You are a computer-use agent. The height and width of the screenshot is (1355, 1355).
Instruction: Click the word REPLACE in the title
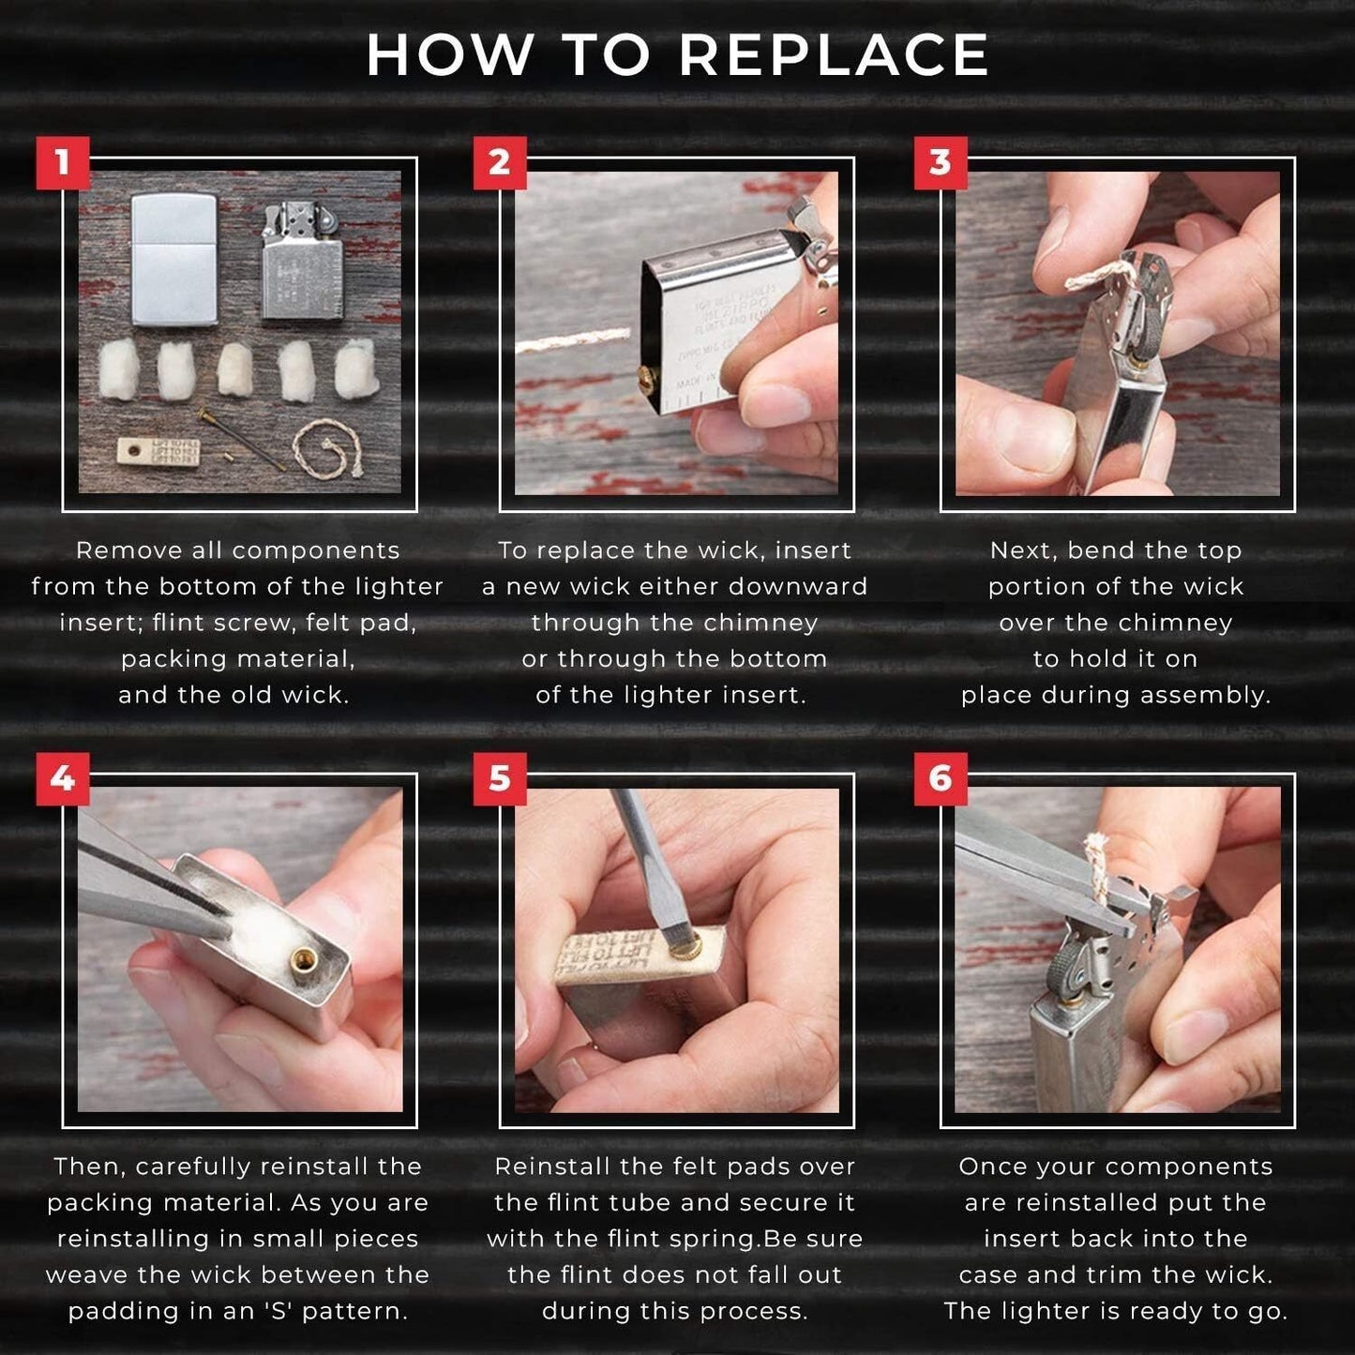pos(834,54)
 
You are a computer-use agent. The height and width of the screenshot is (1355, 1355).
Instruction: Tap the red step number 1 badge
pos(63,163)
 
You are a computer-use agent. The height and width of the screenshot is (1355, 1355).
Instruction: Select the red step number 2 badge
pos(500,163)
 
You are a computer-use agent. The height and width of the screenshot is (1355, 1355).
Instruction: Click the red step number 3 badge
pos(941,163)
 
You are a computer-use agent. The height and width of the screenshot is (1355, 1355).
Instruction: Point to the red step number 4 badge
pos(63,779)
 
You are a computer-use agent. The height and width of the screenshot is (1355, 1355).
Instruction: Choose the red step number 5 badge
pos(500,779)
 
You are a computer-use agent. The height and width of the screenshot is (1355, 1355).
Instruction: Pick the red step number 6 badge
pos(941,779)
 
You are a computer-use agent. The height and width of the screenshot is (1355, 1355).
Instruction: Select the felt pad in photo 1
pos(159,451)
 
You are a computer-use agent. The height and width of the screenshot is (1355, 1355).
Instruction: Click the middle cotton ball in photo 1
pos(235,369)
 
